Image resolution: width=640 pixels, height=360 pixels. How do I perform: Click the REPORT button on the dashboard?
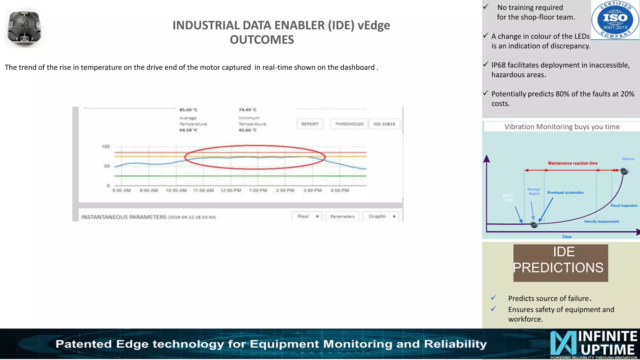310,124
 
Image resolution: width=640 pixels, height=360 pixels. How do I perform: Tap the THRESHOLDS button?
349,124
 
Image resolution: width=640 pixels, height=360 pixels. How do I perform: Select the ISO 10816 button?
384,124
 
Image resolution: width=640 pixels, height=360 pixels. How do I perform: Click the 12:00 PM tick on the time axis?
231,190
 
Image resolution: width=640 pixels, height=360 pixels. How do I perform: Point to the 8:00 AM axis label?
122,190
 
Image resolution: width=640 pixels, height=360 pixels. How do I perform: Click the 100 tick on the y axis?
106,147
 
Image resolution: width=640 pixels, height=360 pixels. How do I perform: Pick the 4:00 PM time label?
340,190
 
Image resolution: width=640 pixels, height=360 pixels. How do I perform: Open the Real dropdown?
307,216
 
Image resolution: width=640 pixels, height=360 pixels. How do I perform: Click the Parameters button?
342,216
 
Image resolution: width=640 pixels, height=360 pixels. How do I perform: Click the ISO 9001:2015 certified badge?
615,20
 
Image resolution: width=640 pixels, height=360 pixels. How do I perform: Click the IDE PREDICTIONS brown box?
561,263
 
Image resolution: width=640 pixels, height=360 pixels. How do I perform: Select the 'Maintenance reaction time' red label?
572,163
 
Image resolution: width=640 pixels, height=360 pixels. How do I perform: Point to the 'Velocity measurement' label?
601,222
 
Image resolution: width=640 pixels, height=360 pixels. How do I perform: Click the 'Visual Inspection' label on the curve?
624,206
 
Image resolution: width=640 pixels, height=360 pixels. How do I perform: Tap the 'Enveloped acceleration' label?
565,192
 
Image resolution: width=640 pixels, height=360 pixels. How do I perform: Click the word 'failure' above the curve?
628,159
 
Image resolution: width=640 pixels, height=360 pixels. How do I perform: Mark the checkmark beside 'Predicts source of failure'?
493,297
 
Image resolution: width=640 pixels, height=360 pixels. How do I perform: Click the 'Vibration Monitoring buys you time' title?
562,127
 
